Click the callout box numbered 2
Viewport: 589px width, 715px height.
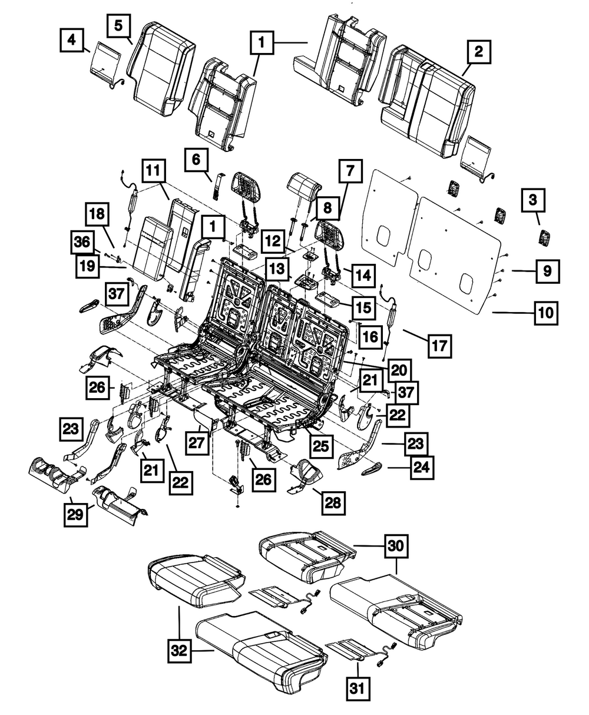point(479,52)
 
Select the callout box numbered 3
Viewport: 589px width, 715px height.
point(532,201)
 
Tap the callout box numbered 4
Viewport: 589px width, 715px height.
point(72,41)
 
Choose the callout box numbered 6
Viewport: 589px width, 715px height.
point(196,159)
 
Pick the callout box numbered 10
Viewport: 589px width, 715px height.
point(546,313)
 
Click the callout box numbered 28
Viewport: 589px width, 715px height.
point(333,502)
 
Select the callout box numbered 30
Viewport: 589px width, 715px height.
point(398,547)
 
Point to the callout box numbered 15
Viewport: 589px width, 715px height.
point(365,307)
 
